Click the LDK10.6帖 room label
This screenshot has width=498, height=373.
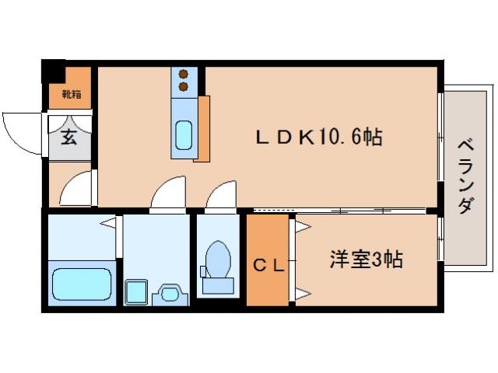click(319, 138)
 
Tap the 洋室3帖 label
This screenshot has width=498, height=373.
click(365, 260)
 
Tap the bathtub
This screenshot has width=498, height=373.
click(81, 284)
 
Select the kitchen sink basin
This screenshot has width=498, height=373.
click(184, 135)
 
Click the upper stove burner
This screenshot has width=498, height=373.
click(184, 74)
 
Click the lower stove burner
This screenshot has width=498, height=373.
click(184, 85)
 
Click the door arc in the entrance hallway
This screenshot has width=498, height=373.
click(77, 188)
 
